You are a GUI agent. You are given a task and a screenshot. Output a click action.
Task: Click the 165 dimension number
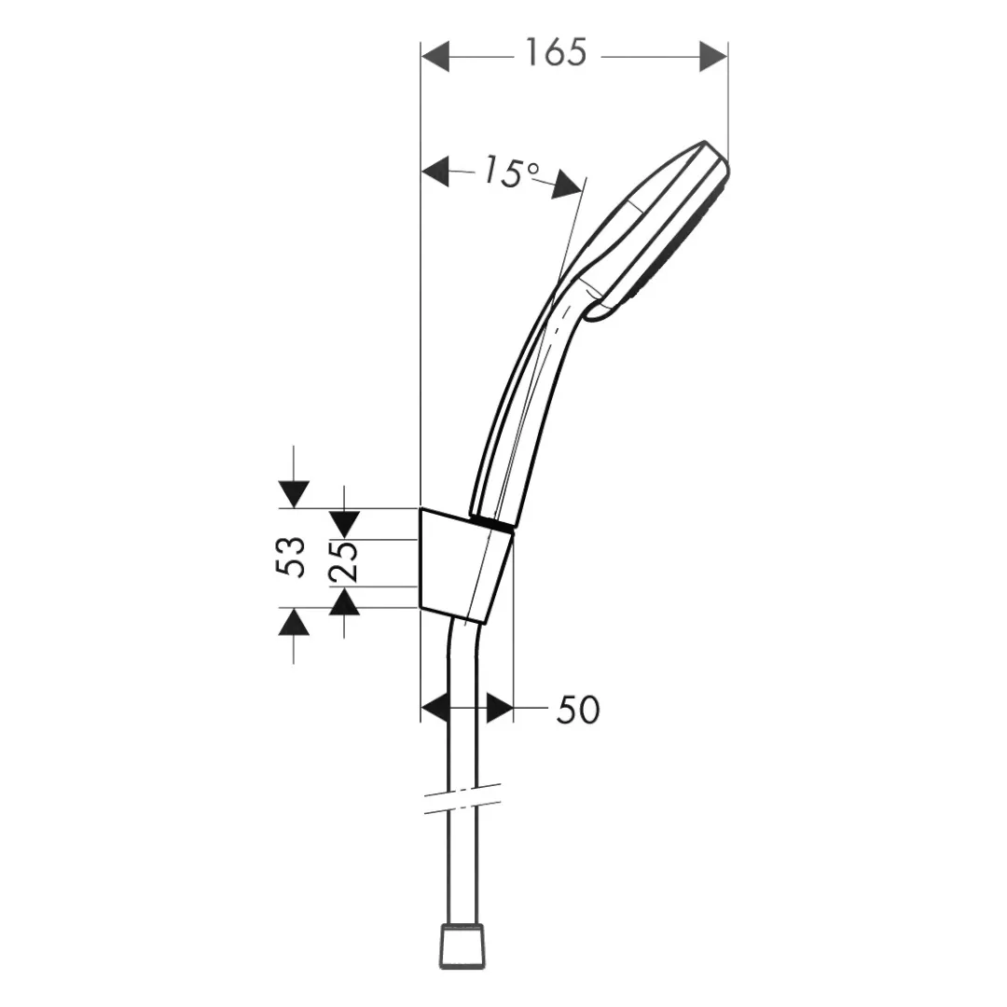coord(556,52)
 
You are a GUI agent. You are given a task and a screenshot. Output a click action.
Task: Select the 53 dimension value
coord(290,557)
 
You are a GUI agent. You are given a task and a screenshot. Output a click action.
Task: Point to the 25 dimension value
coord(342,561)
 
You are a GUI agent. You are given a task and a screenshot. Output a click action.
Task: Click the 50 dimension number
coord(578,710)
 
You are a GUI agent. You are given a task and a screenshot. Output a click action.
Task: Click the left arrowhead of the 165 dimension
coord(435,57)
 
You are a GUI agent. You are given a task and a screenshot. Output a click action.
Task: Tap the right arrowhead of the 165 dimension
coord(713,57)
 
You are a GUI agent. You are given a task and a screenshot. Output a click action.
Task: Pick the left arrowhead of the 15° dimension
coord(435,172)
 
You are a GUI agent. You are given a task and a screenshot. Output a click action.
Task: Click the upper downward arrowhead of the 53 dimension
coord(294,494)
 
